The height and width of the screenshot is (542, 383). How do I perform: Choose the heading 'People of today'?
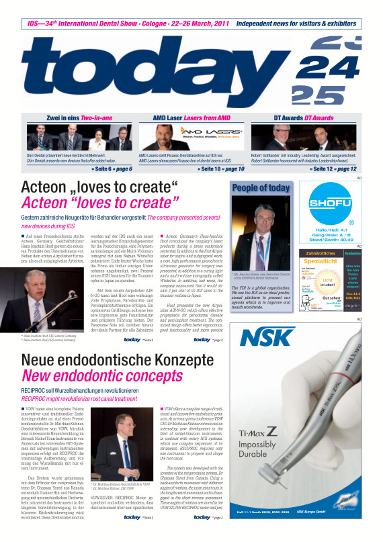[261, 188]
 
